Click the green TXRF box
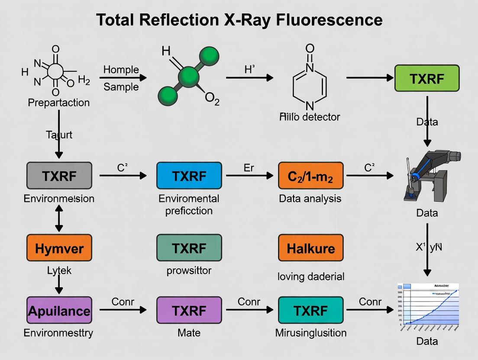(427, 78)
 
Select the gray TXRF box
(59, 176)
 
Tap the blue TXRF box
(189, 176)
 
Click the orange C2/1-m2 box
(310, 176)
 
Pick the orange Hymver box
(59, 248)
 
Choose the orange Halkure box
(310, 248)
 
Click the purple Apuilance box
(59, 310)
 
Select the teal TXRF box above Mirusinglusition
(310, 310)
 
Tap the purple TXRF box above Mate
(189, 310)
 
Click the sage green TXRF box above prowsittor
(189, 248)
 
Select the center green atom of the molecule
(188, 77)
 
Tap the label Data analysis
(310, 199)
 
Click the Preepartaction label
(58, 103)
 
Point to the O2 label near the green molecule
(212, 100)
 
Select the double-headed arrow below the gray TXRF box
(59, 218)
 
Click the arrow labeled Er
(249, 176)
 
